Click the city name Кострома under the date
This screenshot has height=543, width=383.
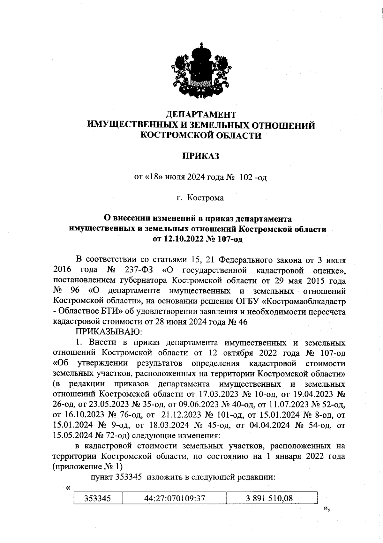[205, 198]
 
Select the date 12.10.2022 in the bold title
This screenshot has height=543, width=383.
[184, 239]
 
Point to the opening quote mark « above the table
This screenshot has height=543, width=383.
[67, 488]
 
